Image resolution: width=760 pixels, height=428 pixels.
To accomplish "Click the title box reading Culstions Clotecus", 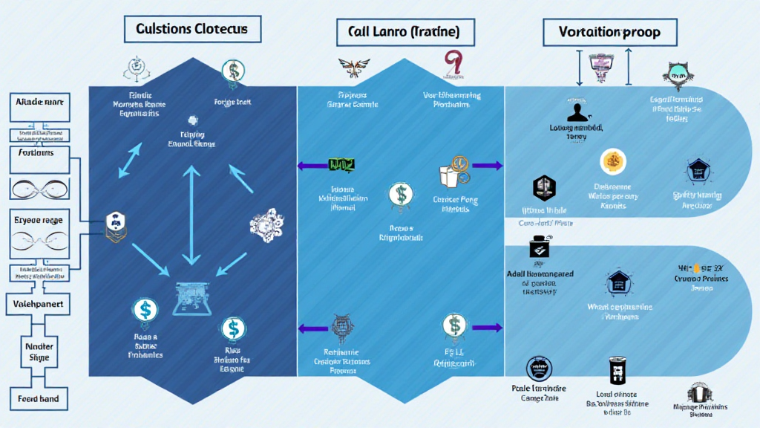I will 191,30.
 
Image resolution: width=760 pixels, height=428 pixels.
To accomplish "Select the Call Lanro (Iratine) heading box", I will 403,32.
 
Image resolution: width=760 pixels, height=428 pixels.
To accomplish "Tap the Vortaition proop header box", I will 611,32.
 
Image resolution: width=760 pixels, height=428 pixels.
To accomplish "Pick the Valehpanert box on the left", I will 39,304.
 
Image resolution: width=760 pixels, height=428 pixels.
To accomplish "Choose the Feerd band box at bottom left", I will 39,398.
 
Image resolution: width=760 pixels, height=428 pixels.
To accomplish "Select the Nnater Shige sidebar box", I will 39,351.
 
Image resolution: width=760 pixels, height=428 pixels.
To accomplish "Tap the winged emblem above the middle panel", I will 354,68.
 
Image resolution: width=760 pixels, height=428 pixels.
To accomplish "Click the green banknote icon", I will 341,165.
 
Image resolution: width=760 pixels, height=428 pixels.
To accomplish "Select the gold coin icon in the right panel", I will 613,160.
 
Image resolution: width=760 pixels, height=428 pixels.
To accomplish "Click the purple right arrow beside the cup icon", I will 486,166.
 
